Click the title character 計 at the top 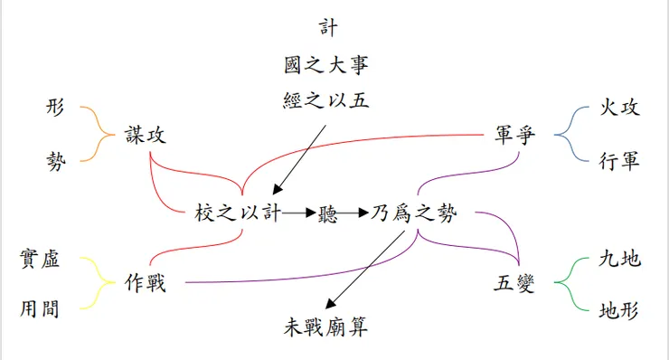tap(328, 28)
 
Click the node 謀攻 tap(146, 135)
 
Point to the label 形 tap(56, 107)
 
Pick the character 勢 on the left tap(56, 161)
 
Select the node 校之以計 tap(238, 213)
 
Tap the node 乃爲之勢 tap(415, 213)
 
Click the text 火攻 tap(619, 107)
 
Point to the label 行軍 tap(619, 161)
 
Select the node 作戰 tap(146, 281)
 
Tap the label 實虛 tap(40, 260)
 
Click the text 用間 tap(40, 309)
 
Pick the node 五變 tap(514, 282)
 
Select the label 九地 tap(619, 260)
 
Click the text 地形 tap(619, 312)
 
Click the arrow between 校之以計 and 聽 tap(298, 214)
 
